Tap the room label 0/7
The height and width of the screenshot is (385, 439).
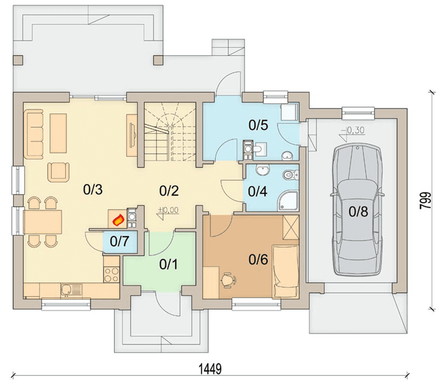click(119, 241)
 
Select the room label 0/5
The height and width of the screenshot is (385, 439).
click(258, 125)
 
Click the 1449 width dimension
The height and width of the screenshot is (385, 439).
click(210, 369)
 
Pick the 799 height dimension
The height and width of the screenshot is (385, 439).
click(426, 200)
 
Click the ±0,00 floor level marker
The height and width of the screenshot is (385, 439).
click(168, 212)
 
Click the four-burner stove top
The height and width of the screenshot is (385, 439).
click(111, 275)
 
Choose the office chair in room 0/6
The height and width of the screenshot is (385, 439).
click(229, 280)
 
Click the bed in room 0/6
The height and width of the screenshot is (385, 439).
click(286, 271)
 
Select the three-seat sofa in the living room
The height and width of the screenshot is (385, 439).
click(33, 133)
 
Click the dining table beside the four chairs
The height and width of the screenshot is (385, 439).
click(43, 222)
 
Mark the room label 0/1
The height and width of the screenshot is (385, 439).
click(168, 264)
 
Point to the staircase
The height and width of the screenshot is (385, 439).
click(170, 131)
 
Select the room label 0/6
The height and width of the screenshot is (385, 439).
click(258, 260)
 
